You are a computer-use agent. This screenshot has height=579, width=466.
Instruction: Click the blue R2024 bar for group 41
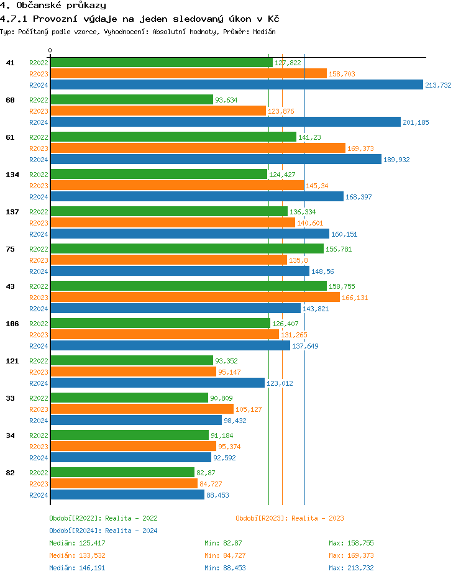[x=236, y=85]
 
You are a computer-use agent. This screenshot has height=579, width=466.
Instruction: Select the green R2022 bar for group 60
[x=132, y=100]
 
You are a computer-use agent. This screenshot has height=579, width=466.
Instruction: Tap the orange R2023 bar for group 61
[x=198, y=148]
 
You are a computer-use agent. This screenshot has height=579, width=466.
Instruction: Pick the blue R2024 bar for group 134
[x=197, y=197]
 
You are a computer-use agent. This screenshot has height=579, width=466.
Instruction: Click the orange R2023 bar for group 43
[x=195, y=298]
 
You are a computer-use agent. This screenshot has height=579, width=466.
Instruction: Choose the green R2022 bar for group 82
[x=122, y=473]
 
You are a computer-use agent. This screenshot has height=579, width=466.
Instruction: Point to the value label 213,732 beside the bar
[x=438, y=85]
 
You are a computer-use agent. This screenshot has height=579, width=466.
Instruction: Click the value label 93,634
[x=226, y=100]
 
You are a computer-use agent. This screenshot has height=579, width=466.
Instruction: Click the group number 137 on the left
[x=12, y=212]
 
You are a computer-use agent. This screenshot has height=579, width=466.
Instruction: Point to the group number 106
[x=12, y=324]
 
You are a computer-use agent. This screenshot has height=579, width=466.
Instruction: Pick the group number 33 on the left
[x=10, y=398]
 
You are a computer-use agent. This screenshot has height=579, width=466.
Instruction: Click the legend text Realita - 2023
[x=318, y=518]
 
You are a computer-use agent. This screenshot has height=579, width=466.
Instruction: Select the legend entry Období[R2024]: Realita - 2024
[x=103, y=531]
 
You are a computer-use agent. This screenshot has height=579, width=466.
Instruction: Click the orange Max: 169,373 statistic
[x=351, y=555]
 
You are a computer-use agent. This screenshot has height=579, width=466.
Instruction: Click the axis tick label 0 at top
[x=50, y=50]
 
